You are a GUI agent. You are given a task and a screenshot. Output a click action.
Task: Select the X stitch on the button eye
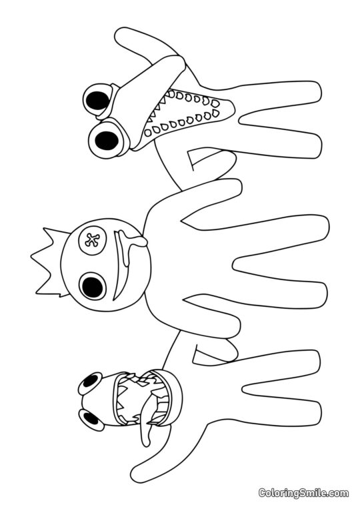[x=91, y=239]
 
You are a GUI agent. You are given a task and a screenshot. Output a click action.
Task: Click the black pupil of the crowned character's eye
[x=92, y=286]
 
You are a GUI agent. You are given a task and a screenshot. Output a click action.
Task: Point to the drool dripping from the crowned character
[x=137, y=244]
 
